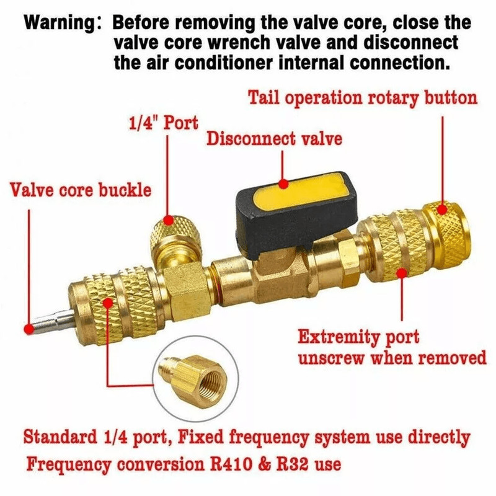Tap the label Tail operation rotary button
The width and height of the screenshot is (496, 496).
[363, 98]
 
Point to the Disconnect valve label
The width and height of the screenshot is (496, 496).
[274, 138]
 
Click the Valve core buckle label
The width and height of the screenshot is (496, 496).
[81, 189]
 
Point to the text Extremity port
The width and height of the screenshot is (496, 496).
[358, 338]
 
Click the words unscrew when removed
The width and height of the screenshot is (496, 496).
[392, 359]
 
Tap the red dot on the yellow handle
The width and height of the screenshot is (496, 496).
[283, 184]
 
